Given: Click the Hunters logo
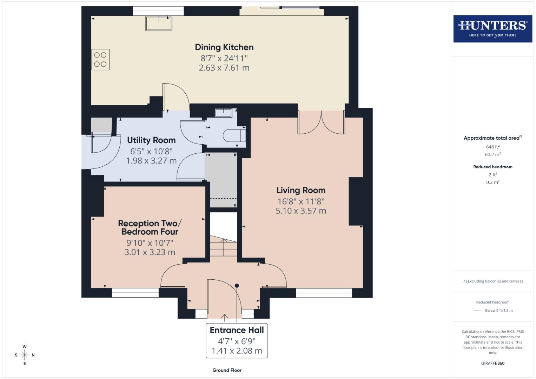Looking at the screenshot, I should [492, 28].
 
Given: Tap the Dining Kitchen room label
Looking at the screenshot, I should [224, 47].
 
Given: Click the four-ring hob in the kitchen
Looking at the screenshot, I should [100, 59].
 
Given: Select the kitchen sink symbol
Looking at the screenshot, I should [159, 24].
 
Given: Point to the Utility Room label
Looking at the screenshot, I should [151, 140].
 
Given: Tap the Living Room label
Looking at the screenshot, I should [301, 190].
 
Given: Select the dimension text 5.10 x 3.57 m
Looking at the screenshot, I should [301, 211].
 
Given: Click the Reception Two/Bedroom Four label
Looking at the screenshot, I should [150, 227].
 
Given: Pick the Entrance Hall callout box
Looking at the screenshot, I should [237, 340].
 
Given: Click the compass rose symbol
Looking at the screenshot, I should [25, 355].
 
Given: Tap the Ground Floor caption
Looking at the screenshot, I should [227, 370].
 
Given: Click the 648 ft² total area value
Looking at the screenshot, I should [492, 147].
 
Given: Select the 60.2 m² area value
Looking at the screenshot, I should [492, 154].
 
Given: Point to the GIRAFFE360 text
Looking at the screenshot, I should [492, 363].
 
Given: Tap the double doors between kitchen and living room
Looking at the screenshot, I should [321, 123].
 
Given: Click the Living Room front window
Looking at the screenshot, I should [324, 293].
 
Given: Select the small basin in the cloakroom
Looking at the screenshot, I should [223, 113].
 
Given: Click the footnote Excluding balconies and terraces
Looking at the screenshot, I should [492, 281].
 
